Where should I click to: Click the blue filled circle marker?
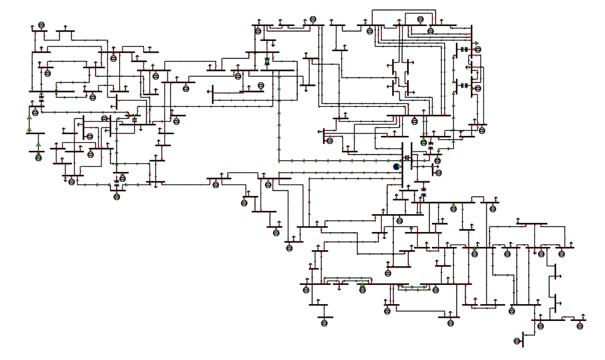pyautogui.click(x=396, y=166)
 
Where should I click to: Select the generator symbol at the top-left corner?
pyautogui.click(x=42, y=24)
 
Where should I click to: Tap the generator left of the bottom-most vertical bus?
pyautogui.click(x=516, y=341)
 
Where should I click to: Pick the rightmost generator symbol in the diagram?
pyautogui.click(x=581, y=325)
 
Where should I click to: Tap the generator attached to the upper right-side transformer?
pyautogui.click(x=477, y=50)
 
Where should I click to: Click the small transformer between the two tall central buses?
pyautogui.click(x=407, y=158)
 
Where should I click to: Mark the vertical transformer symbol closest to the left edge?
pyautogui.click(x=41, y=98)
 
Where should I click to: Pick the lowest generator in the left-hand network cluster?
pyautogui.click(x=117, y=197)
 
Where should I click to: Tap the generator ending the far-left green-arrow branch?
pyautogui.click(x=38, y=157)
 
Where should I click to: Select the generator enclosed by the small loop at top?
pyautogui.click(x=421, y=19)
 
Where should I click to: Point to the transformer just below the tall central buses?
pyautogui.click(x=423, y=189)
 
